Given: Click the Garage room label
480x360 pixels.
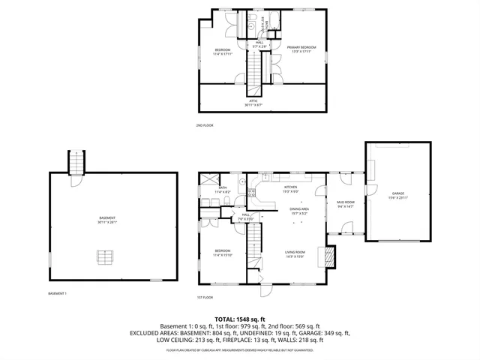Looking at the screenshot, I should (x=397, y=195).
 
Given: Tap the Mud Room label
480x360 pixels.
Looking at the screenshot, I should (x=345, y=204).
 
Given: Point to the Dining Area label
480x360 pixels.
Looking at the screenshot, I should (x=300, y=211).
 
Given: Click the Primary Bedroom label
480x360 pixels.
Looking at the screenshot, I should (x=301, y=49).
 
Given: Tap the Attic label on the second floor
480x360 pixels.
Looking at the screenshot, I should (x=253, y=103).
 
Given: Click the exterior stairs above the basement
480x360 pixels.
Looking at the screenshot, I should (x=76, y=162).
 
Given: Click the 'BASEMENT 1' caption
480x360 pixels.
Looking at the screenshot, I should (x=57, y=293).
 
